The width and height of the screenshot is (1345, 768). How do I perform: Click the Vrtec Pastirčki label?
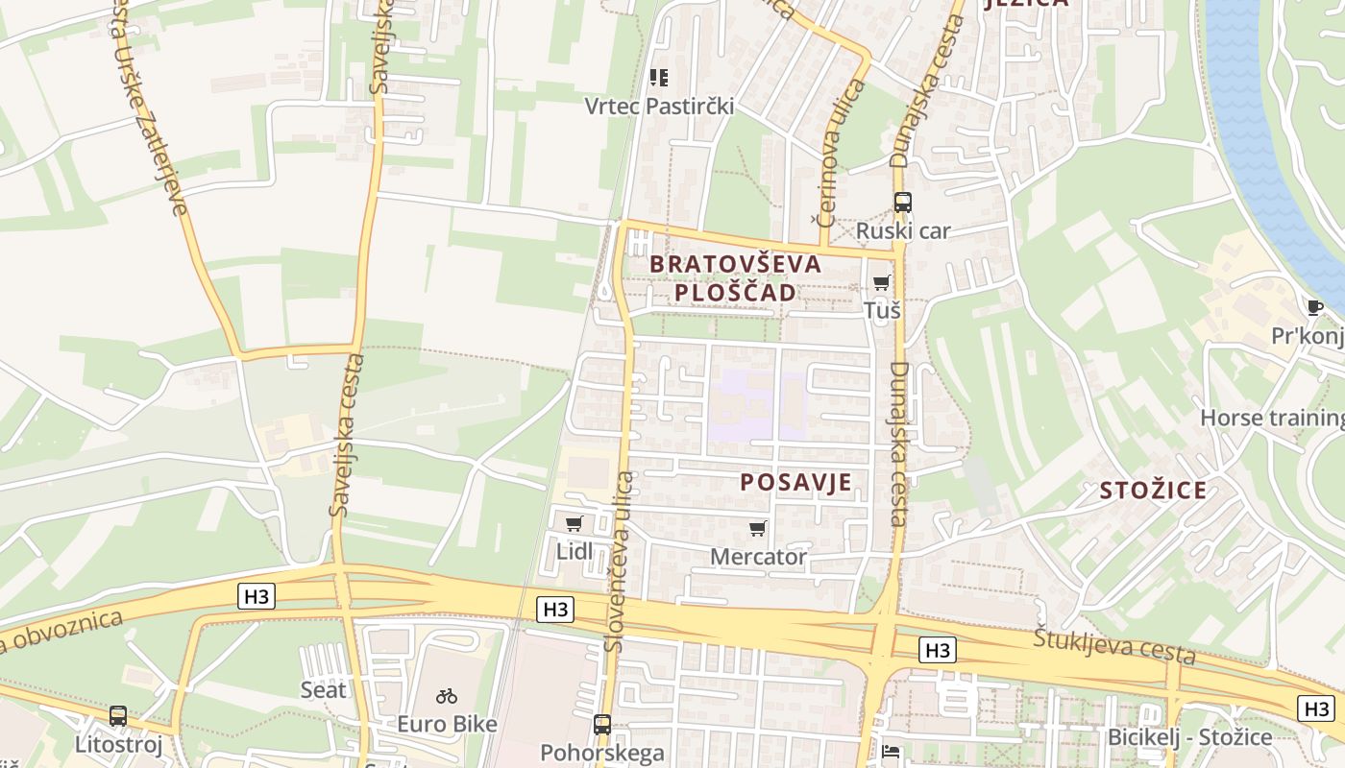pos(659,106)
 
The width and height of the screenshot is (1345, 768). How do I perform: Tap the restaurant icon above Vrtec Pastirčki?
pos(659,77)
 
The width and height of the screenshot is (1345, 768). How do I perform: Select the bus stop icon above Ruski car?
pos(902,203)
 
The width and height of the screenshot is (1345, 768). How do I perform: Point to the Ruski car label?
pos(902,230)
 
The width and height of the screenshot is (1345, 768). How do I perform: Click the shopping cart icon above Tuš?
pos(881,282)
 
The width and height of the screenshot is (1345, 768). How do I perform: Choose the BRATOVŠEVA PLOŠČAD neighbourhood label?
pos(736,277)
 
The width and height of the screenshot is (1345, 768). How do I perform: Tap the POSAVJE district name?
pos(795,482)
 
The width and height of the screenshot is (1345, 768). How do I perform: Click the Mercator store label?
pos(758,557)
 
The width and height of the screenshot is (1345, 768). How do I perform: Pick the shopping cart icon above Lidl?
pos(575,523)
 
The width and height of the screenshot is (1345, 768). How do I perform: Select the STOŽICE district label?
pos(1153,491)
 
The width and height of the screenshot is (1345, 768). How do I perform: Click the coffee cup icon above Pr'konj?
pos(1314,307)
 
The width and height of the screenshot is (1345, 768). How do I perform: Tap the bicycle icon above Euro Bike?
pos(447,695)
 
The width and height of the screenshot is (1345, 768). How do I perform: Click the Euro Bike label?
pos(448,723)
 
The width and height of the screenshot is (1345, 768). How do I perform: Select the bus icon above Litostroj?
pos(118,715)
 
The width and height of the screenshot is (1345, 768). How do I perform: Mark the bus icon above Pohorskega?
pos(602,724)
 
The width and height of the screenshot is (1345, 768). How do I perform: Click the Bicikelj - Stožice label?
pos(1189,737)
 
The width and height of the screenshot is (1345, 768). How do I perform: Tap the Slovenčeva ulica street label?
pos(620,562)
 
